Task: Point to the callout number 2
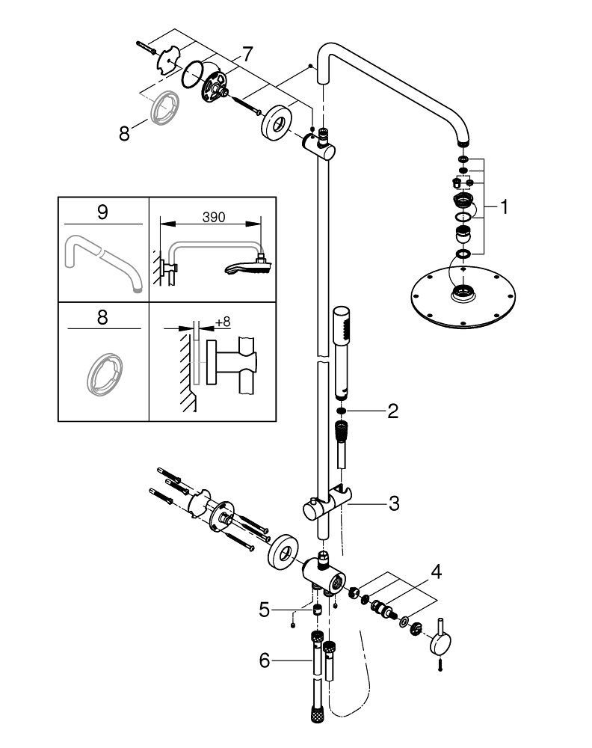[x=392, y=411]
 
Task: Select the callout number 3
[x=393, y=503]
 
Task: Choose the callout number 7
[x=246, y=55]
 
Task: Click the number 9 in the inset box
[x=102, y=212]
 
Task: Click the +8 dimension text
[x=222, y=322]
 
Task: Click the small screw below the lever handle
[x=440, y=668]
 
